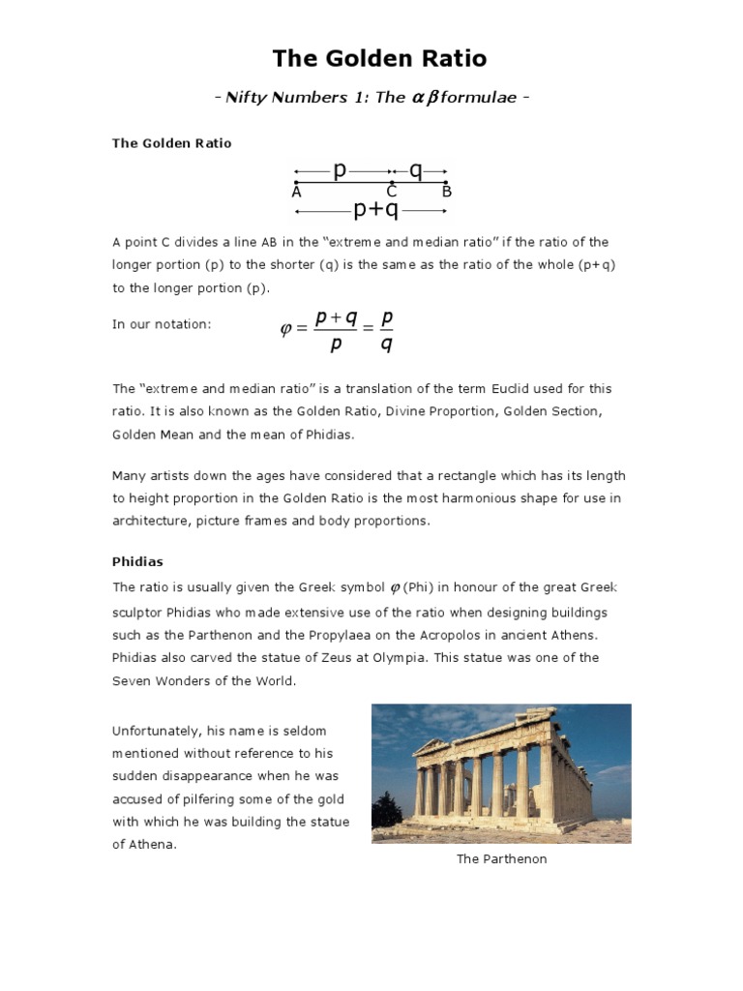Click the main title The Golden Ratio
click(x=379, y=59)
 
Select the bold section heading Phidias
click(x=138, y=561)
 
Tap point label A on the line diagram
click(x=296, y=193)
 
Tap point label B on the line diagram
click(x=447, y=193)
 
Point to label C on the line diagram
click(x=392, y=193)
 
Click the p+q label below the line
click(x=375, y=209)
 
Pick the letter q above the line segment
click(x=416, y=171)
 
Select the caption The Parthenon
click(x=501, y=859)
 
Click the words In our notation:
click(x=162, y=325)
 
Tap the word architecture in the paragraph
click(x=150, y=521)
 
